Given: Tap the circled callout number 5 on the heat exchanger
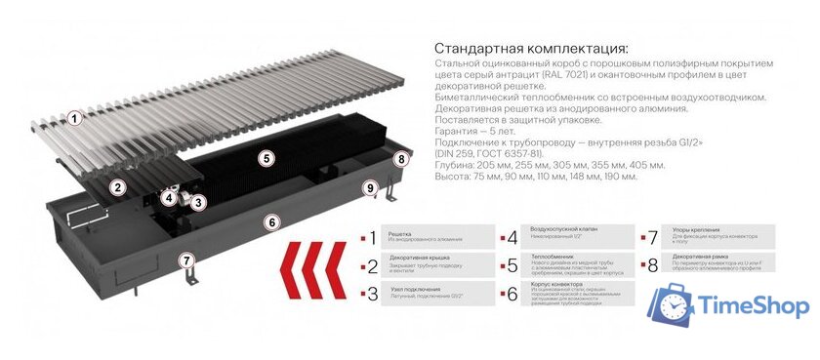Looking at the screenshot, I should click(x=266, y=157).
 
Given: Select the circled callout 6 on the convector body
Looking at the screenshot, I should click(x=274, y=222).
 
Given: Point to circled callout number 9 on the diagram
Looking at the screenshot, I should click(x=369, y=188).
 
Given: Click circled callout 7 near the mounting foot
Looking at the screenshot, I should click(x=186, y=260).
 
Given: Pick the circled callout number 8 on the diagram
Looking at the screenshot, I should click(x=399, y=159).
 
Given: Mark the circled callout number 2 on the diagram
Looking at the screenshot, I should click(x=118, y=186).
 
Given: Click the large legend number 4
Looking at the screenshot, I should click(x=512, y=238).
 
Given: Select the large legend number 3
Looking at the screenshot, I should click(x=371, y=293).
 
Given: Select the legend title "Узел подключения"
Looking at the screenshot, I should click(x=415, y=290).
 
